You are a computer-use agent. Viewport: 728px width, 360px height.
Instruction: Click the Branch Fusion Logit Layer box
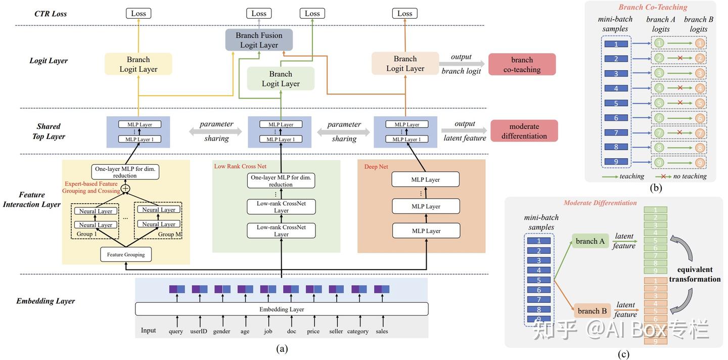point(259,40)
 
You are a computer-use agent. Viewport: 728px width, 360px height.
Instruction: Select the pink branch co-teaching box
point(522,64)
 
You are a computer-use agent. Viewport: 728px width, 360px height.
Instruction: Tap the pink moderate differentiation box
point(524,131)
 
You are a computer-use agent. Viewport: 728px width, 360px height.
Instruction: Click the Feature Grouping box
point(126,254)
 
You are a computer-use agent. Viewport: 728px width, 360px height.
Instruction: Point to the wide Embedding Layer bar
point(282,309)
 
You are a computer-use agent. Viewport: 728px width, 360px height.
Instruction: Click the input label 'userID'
point(199,331)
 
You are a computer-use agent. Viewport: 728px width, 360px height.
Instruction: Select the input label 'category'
point(358,331)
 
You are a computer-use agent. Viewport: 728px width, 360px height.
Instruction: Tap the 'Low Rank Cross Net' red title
point(240,166)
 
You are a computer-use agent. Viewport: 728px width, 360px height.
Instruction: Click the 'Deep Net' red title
point(377,166)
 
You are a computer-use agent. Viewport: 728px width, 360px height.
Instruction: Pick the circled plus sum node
point(125,189)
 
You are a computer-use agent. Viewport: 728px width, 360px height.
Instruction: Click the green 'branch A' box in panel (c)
point(590,241)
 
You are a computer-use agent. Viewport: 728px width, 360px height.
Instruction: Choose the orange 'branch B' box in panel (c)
point(592,311)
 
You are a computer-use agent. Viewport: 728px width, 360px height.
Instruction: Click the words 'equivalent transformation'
point(695,274)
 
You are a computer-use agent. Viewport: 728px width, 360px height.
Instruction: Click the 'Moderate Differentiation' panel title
point(600,203)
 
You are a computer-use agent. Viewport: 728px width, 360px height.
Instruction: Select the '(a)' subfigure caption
point(282,348)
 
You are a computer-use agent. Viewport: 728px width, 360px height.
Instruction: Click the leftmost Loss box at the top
point(139,14)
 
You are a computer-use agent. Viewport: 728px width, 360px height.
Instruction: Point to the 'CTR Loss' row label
point(50,14)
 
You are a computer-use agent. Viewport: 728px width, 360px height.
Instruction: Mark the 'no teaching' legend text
point(690,176)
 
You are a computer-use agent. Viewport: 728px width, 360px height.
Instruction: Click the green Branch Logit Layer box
point(281,79)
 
